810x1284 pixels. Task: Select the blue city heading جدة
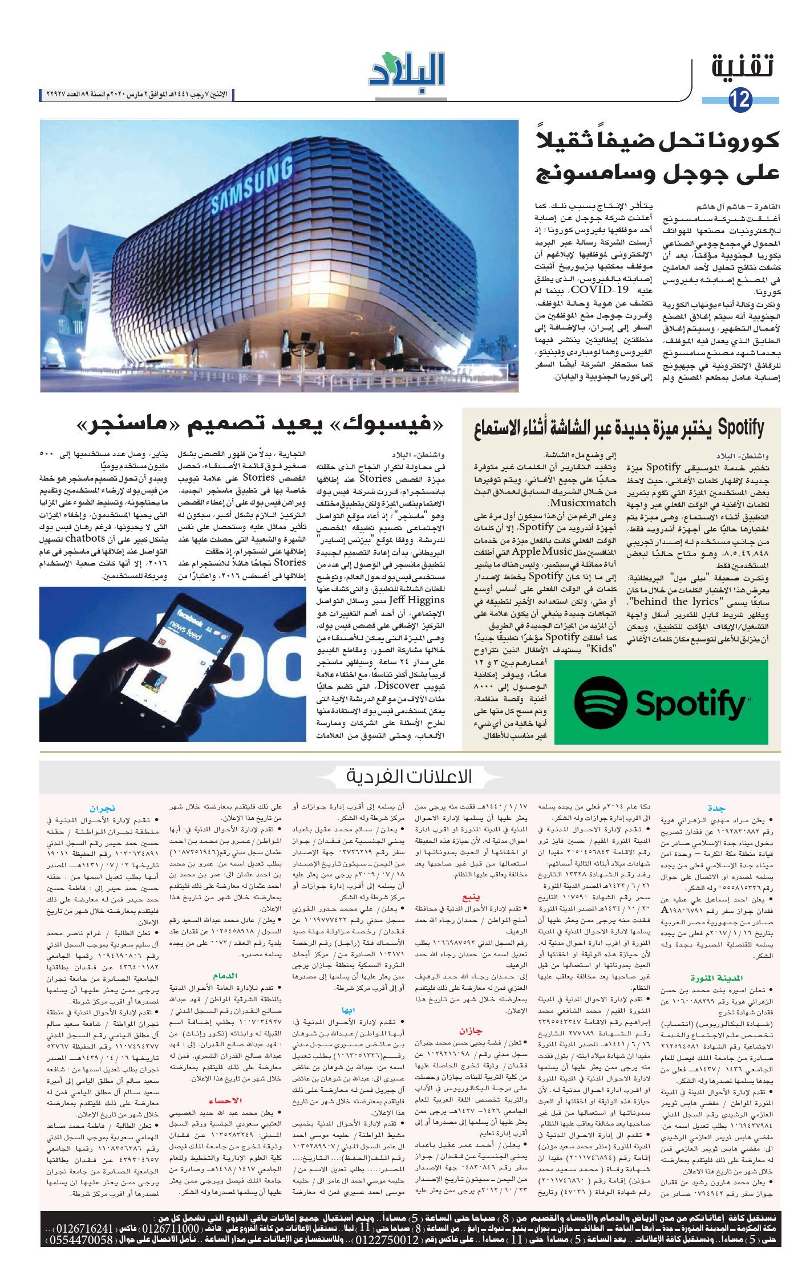[x=716, y=808]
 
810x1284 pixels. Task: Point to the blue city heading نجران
[x=103, y=808]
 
